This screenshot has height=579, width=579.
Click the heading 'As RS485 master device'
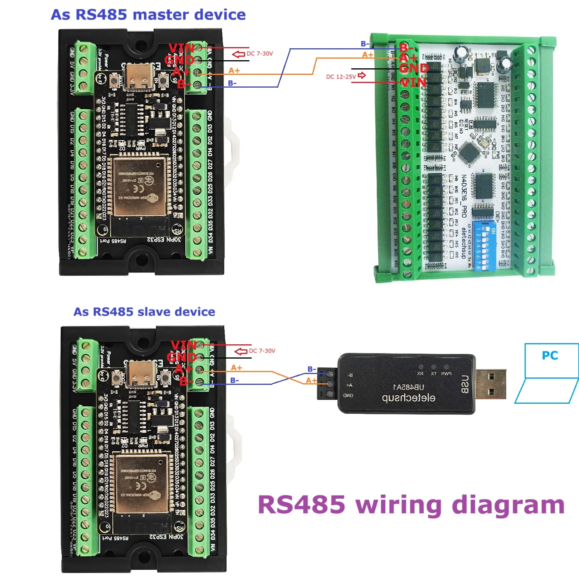[x=148, y=15]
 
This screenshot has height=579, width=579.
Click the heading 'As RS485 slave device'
[x=144, y=312]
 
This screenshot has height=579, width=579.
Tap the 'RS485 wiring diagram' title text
[x=411, y=505]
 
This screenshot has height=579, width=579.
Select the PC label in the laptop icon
[x=550, y=355]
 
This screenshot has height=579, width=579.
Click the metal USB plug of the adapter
[x=490, y=384]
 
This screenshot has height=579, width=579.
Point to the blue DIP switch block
[x=482, y=247]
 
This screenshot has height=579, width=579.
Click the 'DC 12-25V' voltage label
[x=341, y=76]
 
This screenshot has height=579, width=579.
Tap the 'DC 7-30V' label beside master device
[x=260, y=54]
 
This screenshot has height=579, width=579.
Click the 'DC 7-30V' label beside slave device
[x=262, y=351]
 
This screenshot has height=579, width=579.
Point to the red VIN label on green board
[x=413, y=82]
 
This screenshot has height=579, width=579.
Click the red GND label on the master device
[x=179, y=60]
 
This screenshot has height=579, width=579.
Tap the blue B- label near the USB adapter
[x=312, y=369]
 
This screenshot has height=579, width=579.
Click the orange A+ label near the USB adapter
[x=311, y=380]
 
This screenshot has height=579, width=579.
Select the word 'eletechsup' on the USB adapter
[x=408, y=398]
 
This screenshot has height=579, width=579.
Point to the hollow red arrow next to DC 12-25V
[x=362, y=75]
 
